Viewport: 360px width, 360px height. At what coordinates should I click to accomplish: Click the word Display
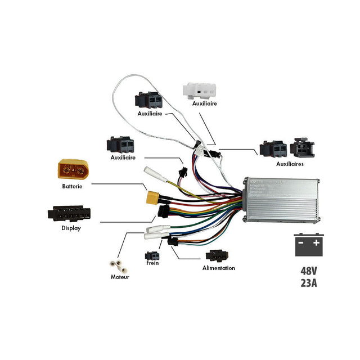click(x=71, y=228)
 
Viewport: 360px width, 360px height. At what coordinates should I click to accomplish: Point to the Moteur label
click(x=119, y=277)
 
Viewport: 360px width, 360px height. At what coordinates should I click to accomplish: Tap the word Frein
click(x=152, y=263)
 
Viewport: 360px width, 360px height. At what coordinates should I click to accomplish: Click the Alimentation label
click(x=219, y=268)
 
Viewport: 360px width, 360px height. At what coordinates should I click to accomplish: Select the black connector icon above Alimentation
click(x=217, y=256)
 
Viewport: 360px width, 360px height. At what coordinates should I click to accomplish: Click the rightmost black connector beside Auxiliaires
click(x=302, y=147)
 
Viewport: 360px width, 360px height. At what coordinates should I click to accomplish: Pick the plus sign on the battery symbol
click(x=317, y=243)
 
